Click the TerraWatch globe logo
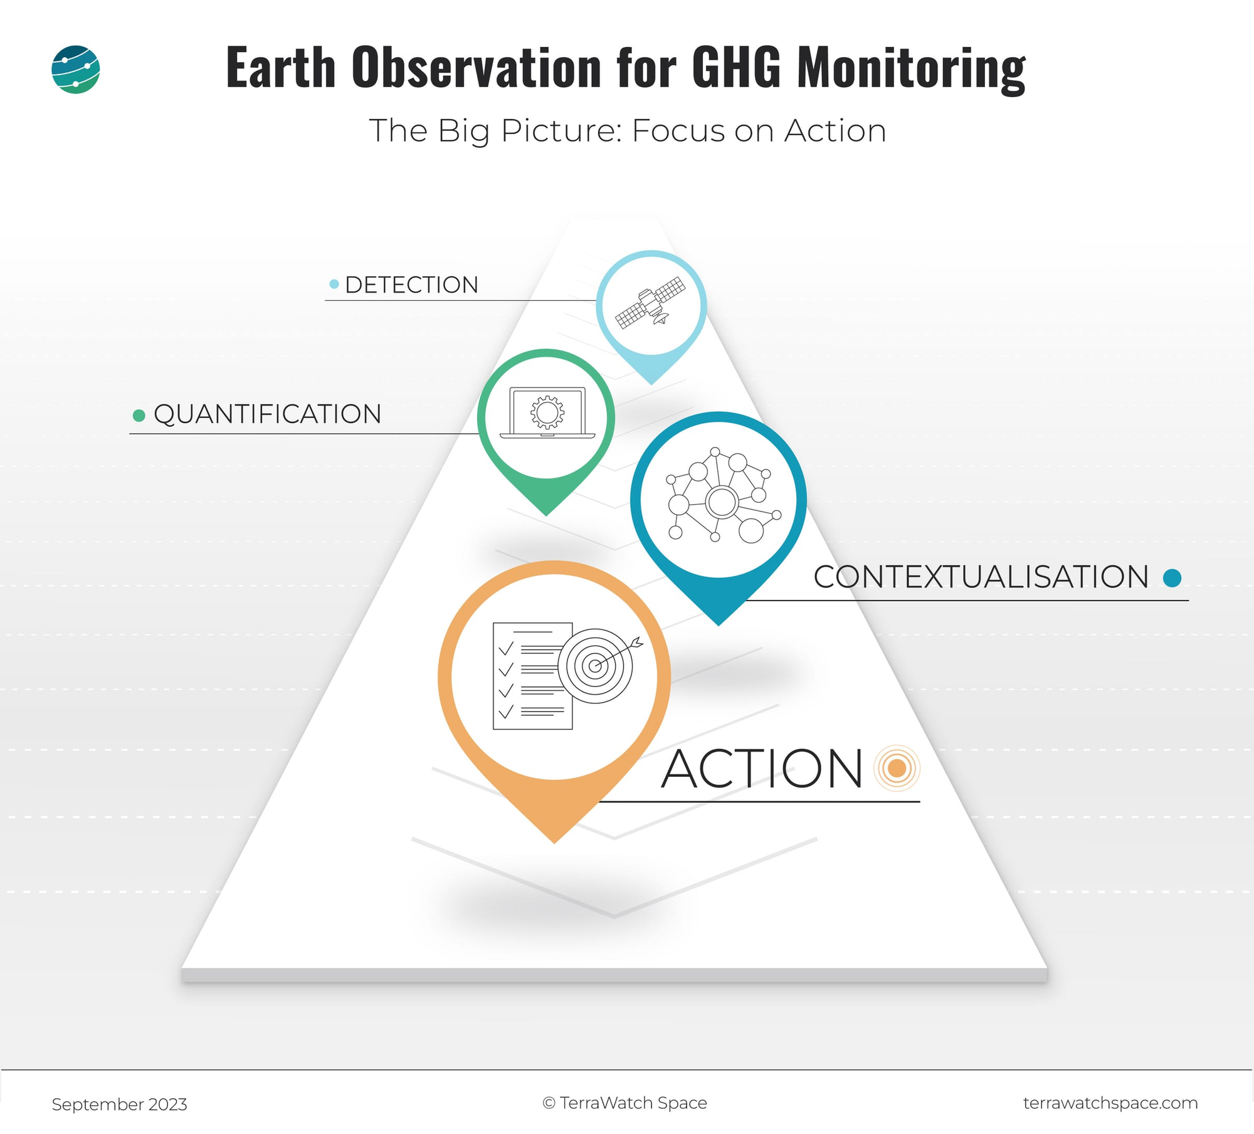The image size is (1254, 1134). (x=75, y=70)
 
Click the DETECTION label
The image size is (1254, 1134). (x=411, y=285)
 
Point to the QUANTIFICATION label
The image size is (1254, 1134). (x=268, y=414)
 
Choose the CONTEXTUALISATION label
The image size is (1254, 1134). (x=981, y=577)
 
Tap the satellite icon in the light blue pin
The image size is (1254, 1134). (x=651, y=303)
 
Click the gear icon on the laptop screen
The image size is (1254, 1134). (x=547, y=412)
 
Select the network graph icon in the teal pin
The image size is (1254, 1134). (x=722, y=495)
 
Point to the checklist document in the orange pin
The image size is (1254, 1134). (x=533, y=676)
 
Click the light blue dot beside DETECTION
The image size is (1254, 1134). (x=334, y=285)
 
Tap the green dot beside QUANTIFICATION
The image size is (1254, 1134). (x=139, y=415)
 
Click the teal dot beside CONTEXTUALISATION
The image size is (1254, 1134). (x=1172, y=577)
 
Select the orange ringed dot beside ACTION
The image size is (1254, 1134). (x=897, y=768)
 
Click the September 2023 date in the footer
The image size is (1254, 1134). (x=119, y=1105)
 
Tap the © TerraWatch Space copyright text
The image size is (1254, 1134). (x=624, y=1103)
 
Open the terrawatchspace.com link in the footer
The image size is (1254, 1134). (x=1110, y=1103)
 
